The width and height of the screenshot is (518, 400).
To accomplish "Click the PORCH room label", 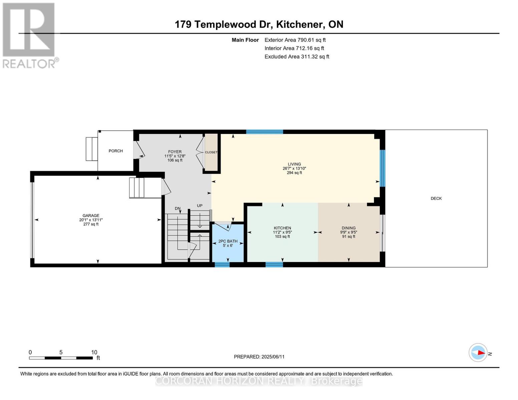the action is click(x=116, y=151).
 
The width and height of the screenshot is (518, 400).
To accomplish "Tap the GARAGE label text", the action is click(x=91, y=215).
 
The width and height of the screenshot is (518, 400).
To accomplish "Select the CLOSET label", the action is click(x=211, y=152).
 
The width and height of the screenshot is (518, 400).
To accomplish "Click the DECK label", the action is click(x=436, y=198).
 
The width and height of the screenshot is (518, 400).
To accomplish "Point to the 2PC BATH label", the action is click(x=228, y=241).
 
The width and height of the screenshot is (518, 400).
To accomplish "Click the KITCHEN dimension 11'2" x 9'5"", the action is click(x=283, y=232).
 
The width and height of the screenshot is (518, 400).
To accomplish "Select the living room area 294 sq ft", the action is click(x=295, y=173).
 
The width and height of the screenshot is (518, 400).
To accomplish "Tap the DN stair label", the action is click(x=177, y=208).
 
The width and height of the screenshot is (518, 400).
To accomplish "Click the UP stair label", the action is click(x=199, y=206).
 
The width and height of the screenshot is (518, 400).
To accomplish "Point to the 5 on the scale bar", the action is click(x=61, y=352).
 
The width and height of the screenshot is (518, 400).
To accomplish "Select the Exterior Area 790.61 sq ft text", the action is click(x=295, y=40).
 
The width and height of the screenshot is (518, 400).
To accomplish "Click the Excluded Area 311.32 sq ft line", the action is click(x=297, y=57).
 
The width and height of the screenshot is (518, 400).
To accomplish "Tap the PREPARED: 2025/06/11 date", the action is click(x=259, y=357).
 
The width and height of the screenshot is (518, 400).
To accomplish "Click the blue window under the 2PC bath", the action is click(x=222, y=264).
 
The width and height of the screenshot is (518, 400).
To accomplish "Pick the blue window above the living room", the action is click(x=265, y=132).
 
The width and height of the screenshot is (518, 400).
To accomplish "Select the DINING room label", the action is click(x=349, y=228).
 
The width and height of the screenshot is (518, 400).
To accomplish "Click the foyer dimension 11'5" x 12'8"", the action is click(x=175, y=156).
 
